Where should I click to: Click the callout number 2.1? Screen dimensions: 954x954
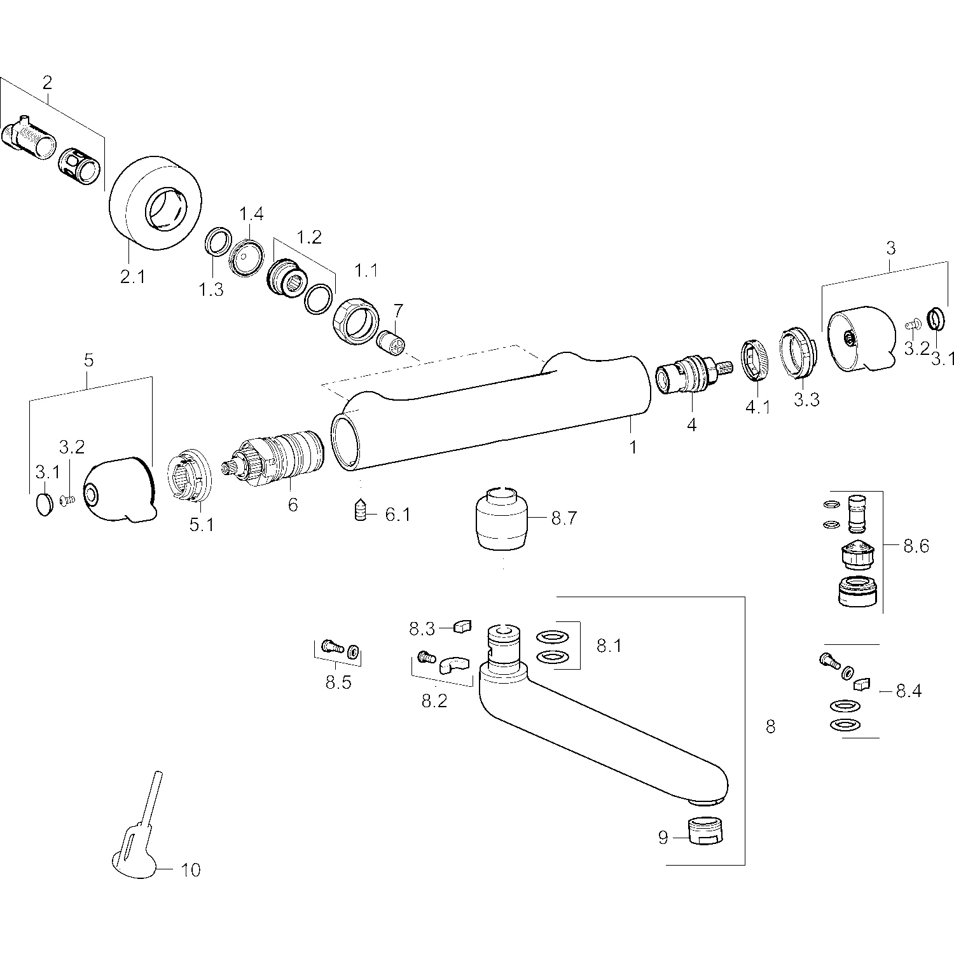(x=132, y=277)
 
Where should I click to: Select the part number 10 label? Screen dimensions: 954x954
(x=191, y=869)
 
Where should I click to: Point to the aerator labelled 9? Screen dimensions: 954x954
(x=709, y=831)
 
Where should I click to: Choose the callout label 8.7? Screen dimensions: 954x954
(x=563, y=518)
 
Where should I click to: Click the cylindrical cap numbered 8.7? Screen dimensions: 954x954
(x=502, y=518)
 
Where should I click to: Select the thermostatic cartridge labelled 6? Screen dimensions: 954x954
(x=277, y=462)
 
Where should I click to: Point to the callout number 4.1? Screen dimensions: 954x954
(x=757, y=407)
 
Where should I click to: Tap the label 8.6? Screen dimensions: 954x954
(x=916, y=546)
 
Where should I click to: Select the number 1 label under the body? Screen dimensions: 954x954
(x=633, y=447)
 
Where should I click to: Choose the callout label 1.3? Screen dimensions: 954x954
(x=211, y=290)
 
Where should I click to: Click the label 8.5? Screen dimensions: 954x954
(x=338, y=683)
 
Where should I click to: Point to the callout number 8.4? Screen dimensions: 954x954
(x=908, y=691)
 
